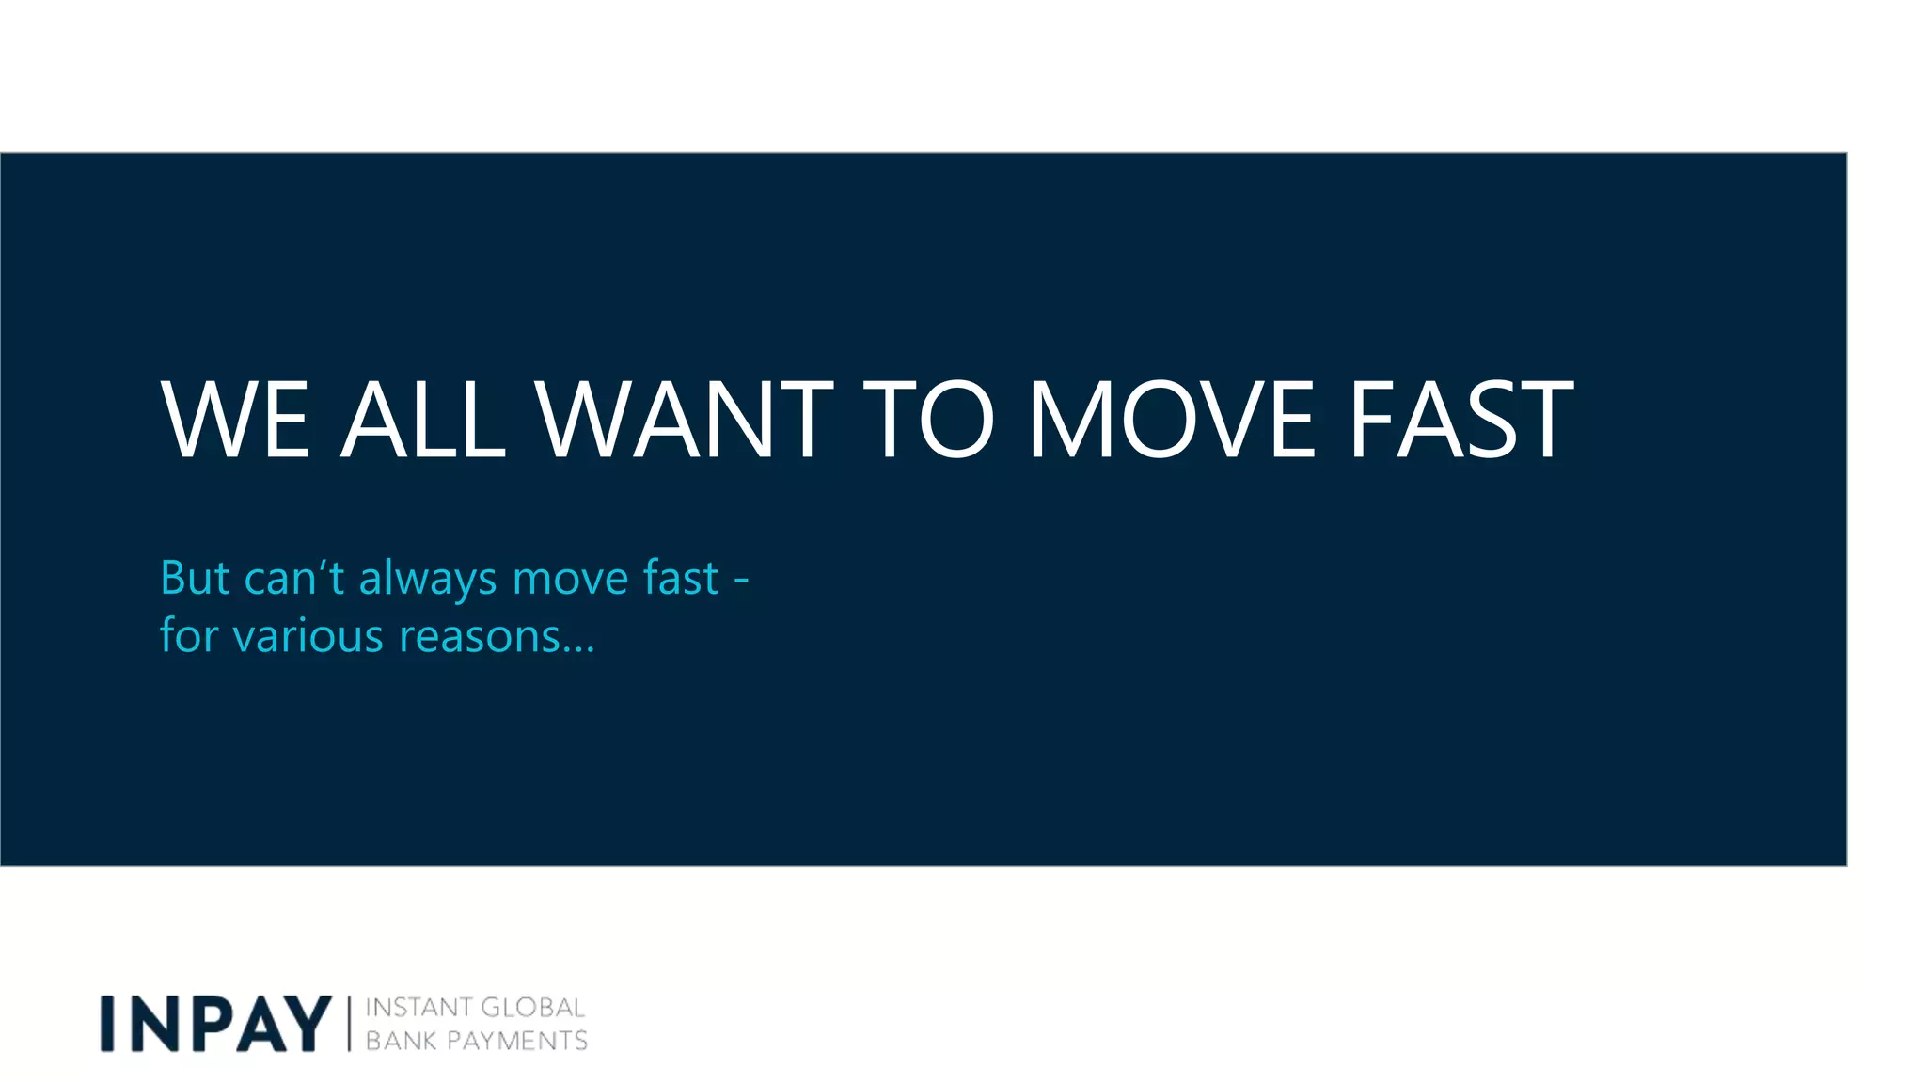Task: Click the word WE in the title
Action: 235,420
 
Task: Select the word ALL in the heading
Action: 423,420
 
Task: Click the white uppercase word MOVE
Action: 1172,420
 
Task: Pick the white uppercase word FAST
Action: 1461,420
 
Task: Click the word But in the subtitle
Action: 195,578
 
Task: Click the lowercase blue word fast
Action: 681,578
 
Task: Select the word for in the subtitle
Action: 189,635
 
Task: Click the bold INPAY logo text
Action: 216,1024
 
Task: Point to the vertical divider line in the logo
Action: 349,1024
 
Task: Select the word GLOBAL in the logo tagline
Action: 533,1008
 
